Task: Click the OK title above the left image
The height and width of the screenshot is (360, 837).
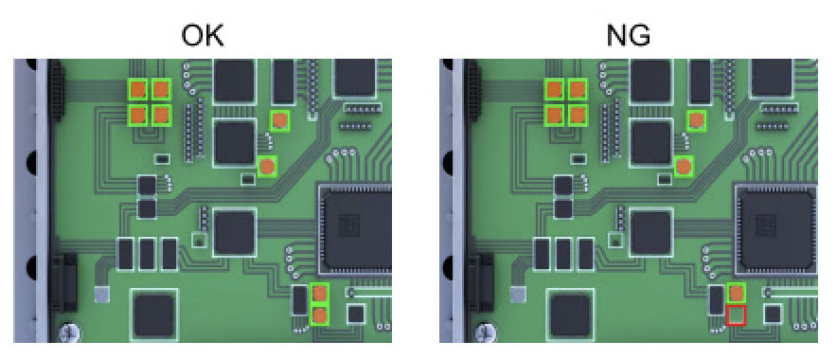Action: coord(203,37)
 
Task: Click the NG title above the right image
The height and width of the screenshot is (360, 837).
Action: coord(629,37)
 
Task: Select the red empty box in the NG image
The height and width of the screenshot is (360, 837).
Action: coord(736,315)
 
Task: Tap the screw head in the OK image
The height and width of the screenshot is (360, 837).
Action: coord(70,333)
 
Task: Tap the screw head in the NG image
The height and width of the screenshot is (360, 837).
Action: coord(487,333)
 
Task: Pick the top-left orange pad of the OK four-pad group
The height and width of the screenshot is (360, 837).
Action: coord(139,89)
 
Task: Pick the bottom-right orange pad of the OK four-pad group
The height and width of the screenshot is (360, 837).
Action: coord(161,114)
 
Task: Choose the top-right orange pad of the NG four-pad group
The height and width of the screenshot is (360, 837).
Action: coord(577,89)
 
